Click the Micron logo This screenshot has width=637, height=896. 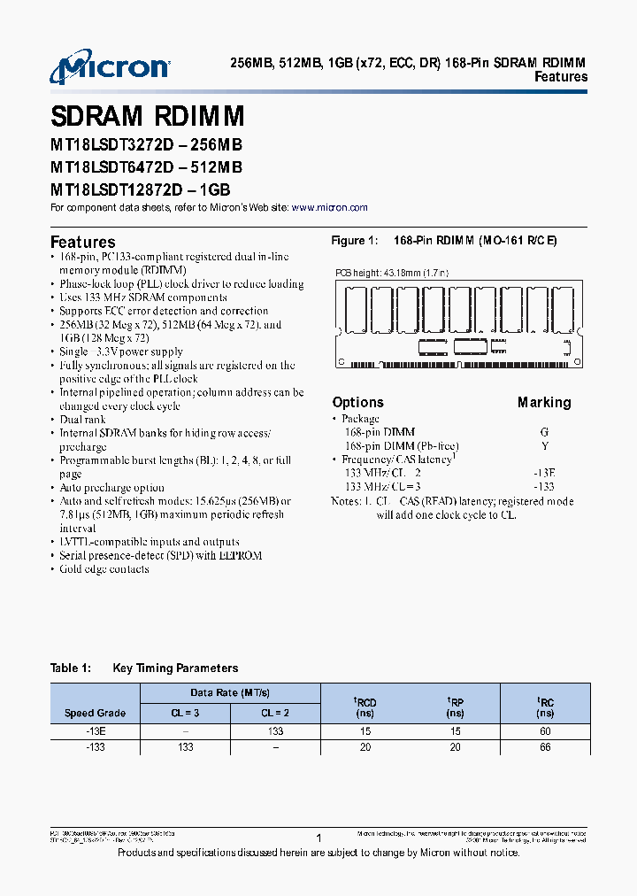pos(109,67)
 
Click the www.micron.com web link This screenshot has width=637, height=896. pos(329,207)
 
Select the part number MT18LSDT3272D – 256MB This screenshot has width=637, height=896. pos(146,145)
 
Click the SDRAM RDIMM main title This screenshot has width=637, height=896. pos(147,117)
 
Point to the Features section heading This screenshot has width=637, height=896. pos(83,242)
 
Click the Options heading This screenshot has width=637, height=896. pos(357,402)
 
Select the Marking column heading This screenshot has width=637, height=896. pos(544,402)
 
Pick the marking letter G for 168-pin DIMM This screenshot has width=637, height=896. pos(544,432)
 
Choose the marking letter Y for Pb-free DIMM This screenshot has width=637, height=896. pos(544,446)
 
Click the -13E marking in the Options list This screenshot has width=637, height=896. pos(544,473)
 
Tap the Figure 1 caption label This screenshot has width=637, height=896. pos(354,241)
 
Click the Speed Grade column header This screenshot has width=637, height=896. pos(95,713)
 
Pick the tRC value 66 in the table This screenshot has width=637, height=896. pos(545,747)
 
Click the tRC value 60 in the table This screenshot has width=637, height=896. pos(545,731)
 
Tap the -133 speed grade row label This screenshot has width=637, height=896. pos(95,747)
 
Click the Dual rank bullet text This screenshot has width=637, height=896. pos(82,420)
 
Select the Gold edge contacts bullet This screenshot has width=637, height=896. pos(104,569)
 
